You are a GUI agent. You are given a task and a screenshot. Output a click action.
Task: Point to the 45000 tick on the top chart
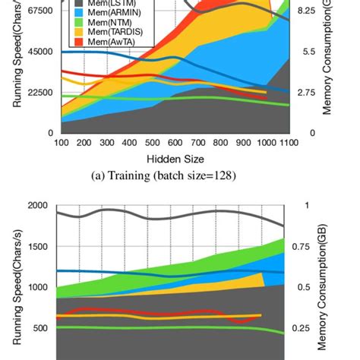pos(37,52)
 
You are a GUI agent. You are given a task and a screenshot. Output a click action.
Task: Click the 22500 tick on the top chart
pos(37,93)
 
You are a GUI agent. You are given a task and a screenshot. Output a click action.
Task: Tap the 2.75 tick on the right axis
pos(306,93)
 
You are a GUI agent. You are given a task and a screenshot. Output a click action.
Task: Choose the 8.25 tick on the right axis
pos(306,11)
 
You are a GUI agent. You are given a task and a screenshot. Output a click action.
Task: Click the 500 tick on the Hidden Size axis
pos(152,142)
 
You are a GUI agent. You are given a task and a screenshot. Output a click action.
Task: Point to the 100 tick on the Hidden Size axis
pos(61,142)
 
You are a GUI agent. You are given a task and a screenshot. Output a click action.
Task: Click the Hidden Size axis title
pos(174,159)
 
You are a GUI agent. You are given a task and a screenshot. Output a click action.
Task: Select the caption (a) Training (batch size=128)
pos(174,177)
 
